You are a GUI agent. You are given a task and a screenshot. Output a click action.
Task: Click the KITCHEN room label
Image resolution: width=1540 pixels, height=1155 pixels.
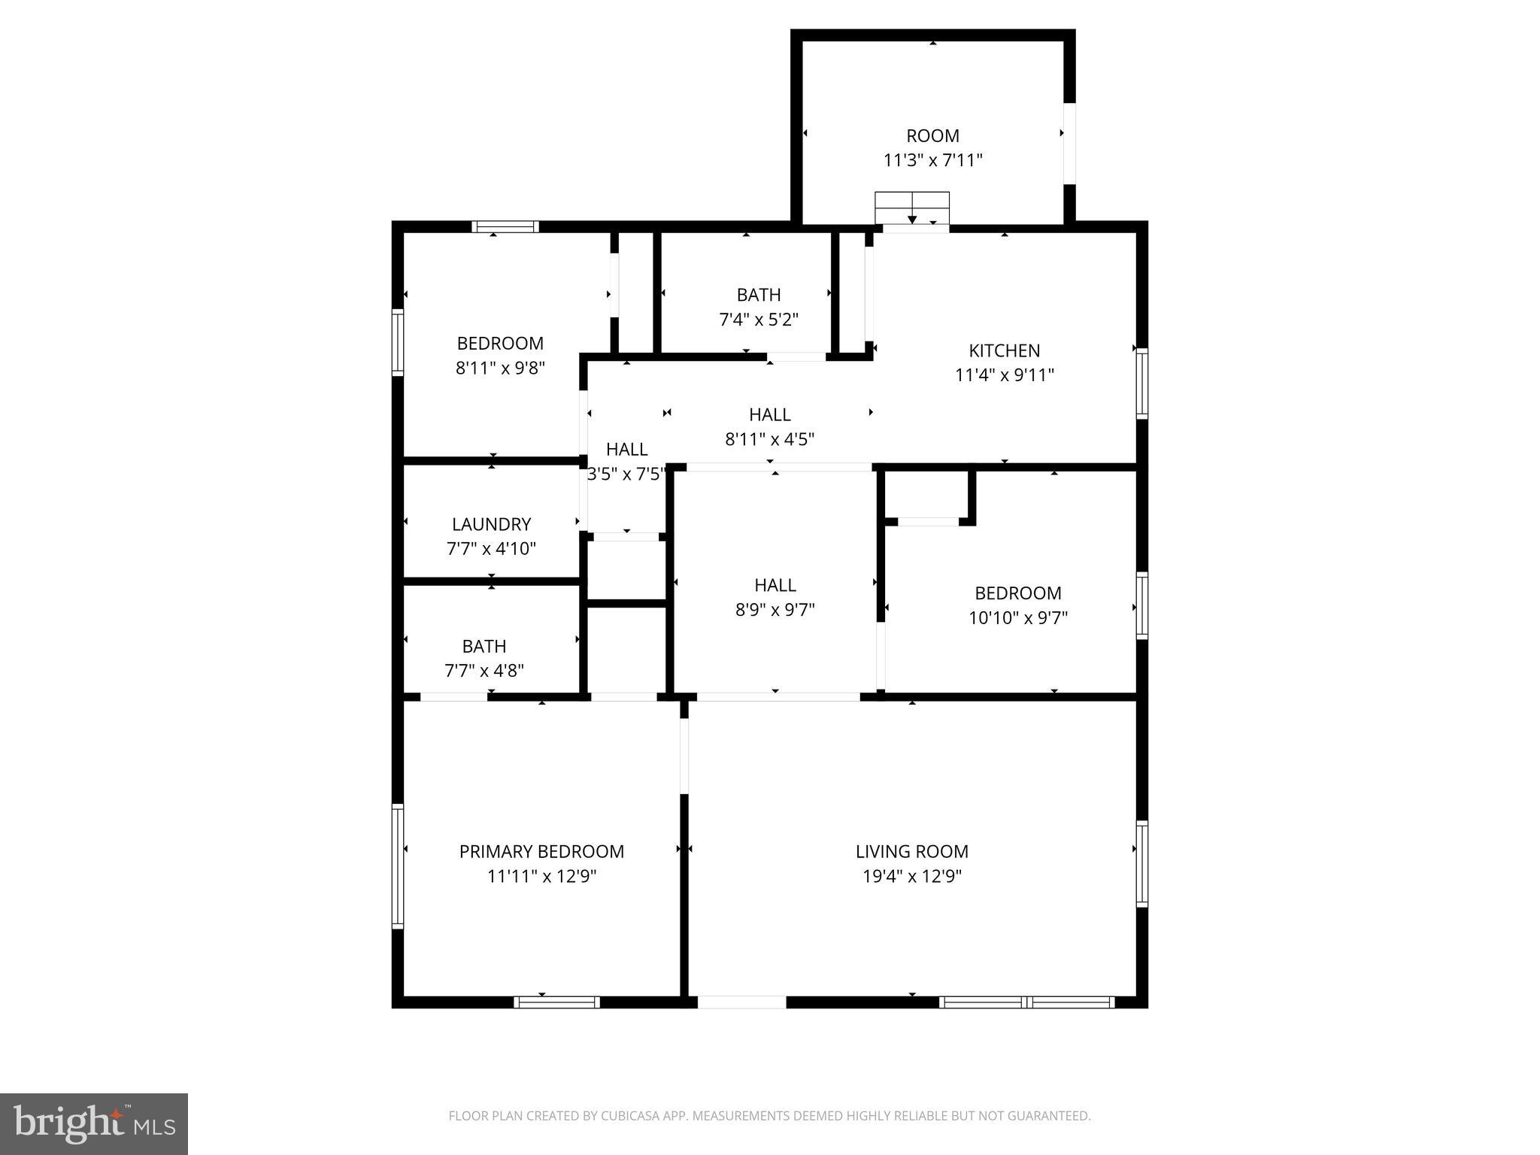[x=1004, y=350]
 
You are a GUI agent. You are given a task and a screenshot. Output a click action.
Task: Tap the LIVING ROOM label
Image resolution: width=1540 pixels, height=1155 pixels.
[x=911, y=851]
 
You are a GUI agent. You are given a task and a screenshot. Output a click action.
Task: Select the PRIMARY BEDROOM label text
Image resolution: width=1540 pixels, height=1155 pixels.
[x=541, y=851]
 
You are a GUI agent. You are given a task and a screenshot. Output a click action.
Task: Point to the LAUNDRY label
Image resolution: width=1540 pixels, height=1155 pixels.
[x=491, y=524]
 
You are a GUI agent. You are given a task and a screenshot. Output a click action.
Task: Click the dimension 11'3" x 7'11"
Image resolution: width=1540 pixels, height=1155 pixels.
[x=932, y=160]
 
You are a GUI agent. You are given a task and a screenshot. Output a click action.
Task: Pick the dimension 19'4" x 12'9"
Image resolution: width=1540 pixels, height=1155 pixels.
[x=911, y=876]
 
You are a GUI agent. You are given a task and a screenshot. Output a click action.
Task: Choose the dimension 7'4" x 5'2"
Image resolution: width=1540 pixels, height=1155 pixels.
[x=758, y=320]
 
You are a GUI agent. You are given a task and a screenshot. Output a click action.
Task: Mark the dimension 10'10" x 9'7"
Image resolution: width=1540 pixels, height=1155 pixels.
[x=1017, y=618]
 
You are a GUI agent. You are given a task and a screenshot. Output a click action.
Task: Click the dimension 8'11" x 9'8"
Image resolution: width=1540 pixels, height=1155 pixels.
[x=500, y=368]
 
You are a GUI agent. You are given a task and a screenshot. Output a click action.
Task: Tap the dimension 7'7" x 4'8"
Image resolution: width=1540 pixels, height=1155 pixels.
[x=484, y=671]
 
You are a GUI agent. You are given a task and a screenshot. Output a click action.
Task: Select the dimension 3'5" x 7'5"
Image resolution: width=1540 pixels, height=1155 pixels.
[x=626, y=474]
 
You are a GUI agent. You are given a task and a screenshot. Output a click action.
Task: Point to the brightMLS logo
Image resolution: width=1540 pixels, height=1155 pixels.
[x=94, y=1123]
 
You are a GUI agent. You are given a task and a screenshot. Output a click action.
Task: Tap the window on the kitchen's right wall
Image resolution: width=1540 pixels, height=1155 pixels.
[x=1141, y=383]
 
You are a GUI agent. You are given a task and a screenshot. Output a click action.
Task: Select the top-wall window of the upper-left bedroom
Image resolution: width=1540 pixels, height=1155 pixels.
[x=505, y=226]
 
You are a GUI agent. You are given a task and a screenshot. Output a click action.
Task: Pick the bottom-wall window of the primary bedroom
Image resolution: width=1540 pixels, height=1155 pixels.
[x=556, y=1002]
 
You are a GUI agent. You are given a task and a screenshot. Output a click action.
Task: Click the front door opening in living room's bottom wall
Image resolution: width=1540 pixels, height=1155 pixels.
[x=741, y=1002]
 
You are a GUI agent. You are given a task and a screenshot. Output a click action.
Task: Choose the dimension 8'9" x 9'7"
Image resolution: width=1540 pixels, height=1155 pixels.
[x=775, y=610]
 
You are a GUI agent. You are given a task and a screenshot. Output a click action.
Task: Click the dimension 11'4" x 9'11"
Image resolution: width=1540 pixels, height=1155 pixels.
[x=1004, y=375]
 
